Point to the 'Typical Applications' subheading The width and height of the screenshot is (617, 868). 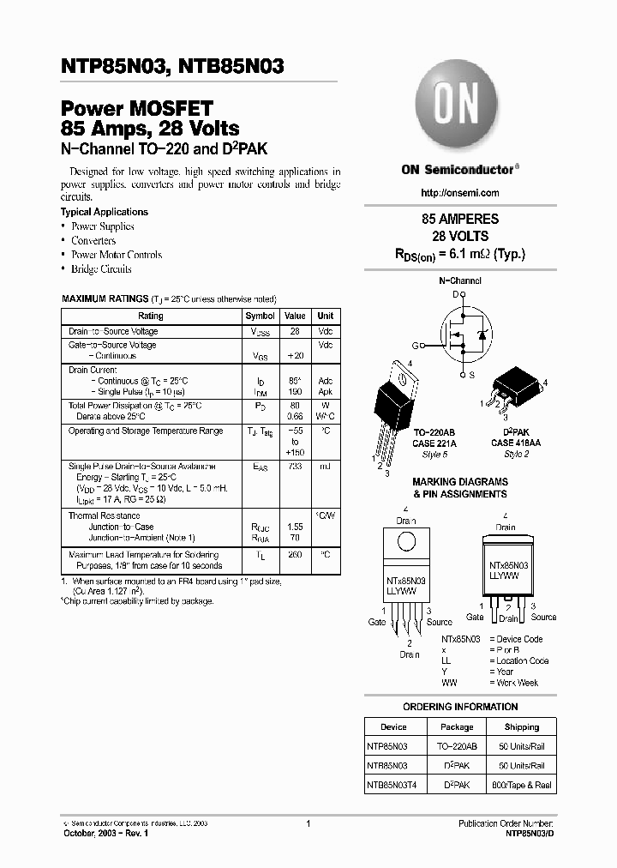[x=104, y=212]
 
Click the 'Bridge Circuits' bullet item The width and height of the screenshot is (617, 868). [x=101, y=268]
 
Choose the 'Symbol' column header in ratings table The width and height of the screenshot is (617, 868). [x=260, y=316]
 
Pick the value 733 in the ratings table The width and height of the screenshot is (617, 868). [x=295, y=466]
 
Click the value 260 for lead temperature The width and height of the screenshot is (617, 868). [x=295, y=555]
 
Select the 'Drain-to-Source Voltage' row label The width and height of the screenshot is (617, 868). [x=113, y=331]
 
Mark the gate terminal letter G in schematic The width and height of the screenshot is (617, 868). [x=415, y=346]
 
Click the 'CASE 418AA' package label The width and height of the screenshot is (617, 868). [x=516, y=443]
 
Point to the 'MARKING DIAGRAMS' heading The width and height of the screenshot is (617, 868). [x=459, y=482]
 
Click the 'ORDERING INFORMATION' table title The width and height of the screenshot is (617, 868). [x=460, y=707]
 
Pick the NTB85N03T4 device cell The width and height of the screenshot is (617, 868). [x=394, y=784]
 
